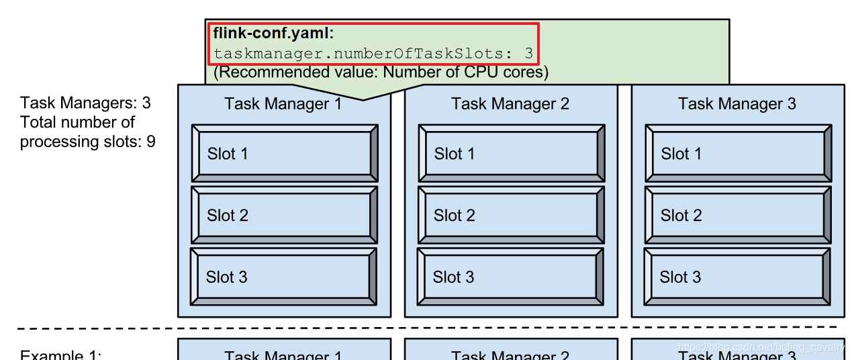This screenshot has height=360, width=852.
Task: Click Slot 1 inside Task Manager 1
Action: (x=284, y=153)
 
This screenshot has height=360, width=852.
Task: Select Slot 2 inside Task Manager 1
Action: (x=284, y=215)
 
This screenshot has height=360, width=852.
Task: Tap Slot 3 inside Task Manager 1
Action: (x=283, y=277)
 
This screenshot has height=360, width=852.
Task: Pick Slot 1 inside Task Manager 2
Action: (x=511, y=153)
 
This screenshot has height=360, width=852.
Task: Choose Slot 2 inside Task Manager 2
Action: (x=511, y=215)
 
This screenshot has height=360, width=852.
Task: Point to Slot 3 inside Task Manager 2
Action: (x=510, y=277)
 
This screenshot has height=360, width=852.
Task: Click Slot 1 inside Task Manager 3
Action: (x=738, y=153)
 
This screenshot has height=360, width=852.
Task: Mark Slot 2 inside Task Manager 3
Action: (x=738, y=215)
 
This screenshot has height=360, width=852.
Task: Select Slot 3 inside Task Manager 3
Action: (x=737, y=277)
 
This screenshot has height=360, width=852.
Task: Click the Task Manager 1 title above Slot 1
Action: (x=283, y=103)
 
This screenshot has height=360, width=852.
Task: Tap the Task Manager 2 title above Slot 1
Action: (x=510, y=103)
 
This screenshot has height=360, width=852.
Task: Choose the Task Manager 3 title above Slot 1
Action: (x=737, y=103)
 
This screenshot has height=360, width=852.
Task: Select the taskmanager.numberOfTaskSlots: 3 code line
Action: (x=373, y=52)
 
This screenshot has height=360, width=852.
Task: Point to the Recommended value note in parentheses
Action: (x=381, y=72)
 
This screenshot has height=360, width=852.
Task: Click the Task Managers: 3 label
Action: (x=85, y=103)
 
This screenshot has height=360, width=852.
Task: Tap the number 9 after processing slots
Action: (x=151, y=142)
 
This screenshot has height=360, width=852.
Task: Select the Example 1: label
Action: (x=60, y=355)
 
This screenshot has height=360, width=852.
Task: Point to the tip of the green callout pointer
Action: (x=363, y=100)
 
